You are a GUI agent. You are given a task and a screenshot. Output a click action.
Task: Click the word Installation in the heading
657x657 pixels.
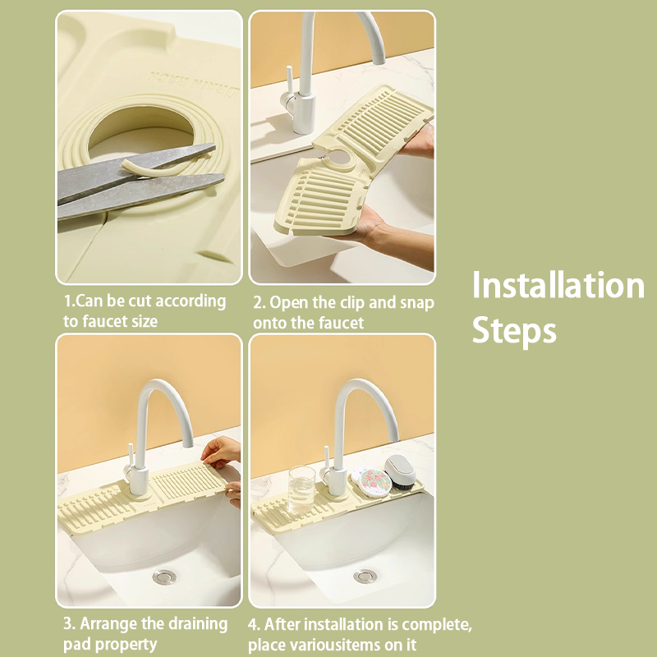tap(558, 285)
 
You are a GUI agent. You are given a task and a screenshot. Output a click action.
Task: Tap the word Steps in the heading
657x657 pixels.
tap(514, 330)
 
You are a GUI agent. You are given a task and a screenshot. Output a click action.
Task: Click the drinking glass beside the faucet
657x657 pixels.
tap(301, 489)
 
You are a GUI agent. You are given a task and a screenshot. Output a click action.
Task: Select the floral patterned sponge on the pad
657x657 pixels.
tap(371, 481)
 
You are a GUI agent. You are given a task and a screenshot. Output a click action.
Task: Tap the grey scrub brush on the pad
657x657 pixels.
tap(400, 471)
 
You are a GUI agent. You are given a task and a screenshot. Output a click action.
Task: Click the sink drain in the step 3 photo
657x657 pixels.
tap(164, 577)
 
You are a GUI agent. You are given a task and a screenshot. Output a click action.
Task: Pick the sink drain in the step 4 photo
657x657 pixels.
tap(365, 577)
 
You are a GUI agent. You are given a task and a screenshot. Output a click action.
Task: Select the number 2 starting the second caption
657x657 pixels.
tap(258, 302)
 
